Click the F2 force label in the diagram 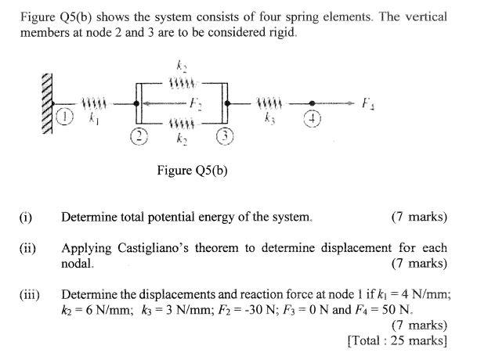[199, 103]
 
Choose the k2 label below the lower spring [182, 138]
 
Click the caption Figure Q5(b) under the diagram [192, 170]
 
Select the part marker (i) [26, 217]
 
